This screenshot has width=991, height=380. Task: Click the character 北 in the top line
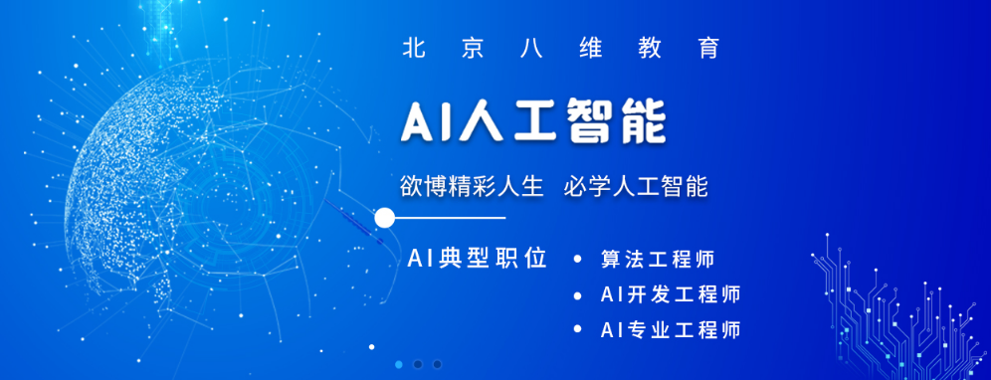tap(410, 48)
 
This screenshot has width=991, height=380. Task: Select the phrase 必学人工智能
tap(636, 186)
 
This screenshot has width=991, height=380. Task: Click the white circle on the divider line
tap(385, 217)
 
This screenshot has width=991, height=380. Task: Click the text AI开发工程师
tap(671, 294)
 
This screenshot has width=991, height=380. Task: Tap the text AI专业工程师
tap(671, 329)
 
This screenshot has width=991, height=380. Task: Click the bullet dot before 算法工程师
tap(578, 261)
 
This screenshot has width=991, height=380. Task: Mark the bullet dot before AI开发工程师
tap(578, 295)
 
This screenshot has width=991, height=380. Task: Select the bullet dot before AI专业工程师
tap(578, 329)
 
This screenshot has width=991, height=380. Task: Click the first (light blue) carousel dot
tap(399, 364)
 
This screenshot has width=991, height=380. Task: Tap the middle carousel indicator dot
tap(418, 364)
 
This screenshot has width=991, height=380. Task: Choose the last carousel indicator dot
tap(437, 364)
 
